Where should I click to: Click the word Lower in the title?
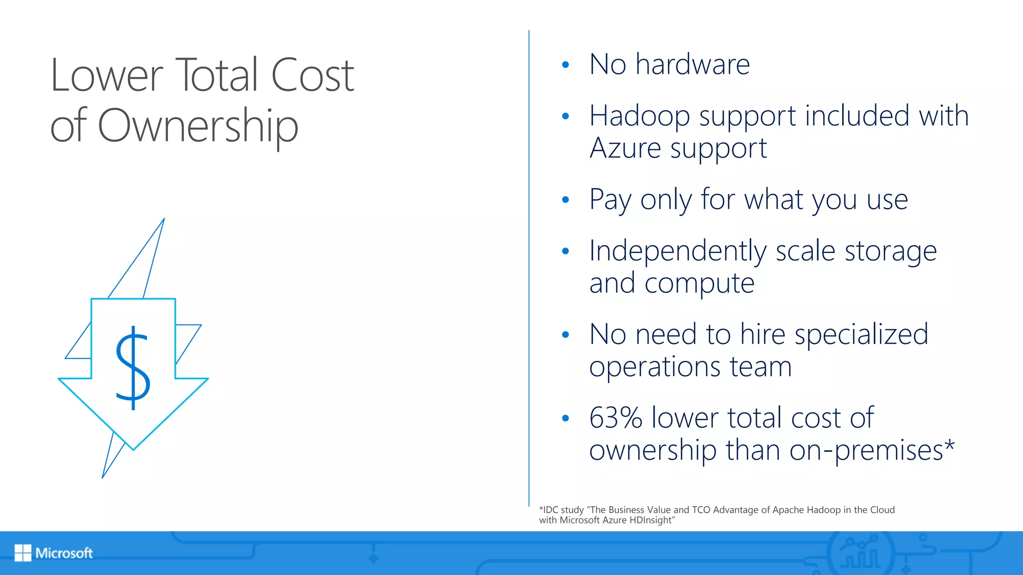coord(106,76)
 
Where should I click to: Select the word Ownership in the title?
coord(198,126)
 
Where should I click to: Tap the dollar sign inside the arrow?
coord(133,367)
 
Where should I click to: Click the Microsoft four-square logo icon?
coord(23,553)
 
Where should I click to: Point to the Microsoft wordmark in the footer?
coord(64,553)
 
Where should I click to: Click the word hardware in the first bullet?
coord(692,64)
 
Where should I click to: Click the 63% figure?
coord(615,418)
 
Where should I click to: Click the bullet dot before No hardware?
coord(565,65)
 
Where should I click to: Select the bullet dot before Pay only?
coord(565,200)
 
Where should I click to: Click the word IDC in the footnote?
coord(550,510)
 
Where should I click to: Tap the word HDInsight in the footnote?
coord(651,521)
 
